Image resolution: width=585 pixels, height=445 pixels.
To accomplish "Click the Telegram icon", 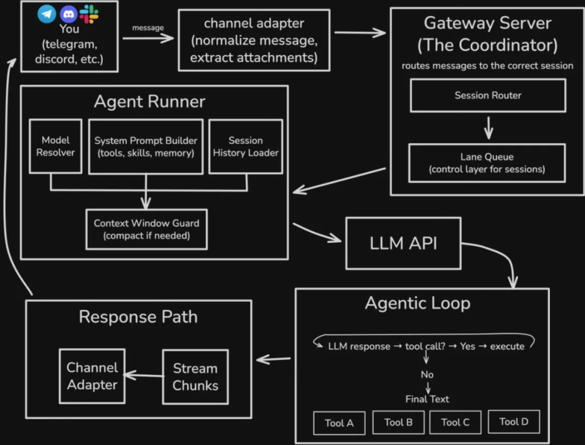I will tap(47, 14).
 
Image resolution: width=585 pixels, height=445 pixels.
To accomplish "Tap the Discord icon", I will tap(68, 14).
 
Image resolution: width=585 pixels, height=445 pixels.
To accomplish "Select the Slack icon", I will tap(89, 14).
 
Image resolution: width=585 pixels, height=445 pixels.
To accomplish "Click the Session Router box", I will tap(487, 95).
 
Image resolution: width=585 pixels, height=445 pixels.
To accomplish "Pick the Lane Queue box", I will tap(486, 163).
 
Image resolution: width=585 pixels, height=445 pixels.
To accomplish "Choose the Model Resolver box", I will tap(56, 146).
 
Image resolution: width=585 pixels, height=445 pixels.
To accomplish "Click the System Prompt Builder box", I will tap(145, 146).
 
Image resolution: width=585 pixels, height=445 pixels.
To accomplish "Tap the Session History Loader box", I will tap(245, 146).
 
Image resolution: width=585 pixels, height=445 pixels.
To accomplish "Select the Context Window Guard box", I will tap(146, 229).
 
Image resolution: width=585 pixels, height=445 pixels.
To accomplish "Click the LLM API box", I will tap(403, 243).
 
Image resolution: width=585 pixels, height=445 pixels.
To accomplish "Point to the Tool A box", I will tap(339, 423).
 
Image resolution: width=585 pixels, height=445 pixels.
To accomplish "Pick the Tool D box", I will tap(513, 422).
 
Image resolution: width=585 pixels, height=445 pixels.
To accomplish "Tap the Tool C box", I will tap(455, 422).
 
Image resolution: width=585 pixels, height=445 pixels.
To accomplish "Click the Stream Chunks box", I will tap(195, 377).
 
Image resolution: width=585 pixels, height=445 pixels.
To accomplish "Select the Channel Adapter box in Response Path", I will tap(92, 376).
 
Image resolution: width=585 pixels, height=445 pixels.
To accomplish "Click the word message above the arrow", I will tap(148, 27).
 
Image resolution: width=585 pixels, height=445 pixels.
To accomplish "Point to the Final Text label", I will tap(427, 399).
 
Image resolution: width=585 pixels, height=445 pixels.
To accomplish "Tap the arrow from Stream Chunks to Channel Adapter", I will tap(144, 375).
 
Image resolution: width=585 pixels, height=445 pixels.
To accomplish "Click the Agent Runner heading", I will tap(149, 102).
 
